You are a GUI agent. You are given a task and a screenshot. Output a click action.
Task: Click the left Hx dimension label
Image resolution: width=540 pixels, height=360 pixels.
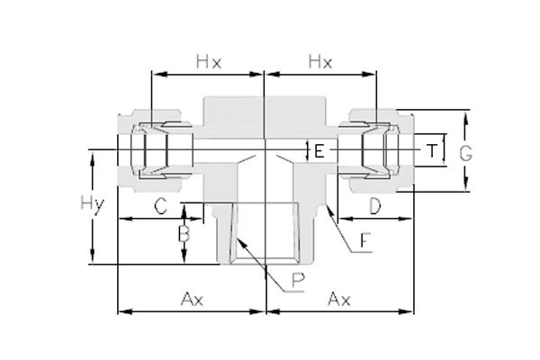pos(209,62)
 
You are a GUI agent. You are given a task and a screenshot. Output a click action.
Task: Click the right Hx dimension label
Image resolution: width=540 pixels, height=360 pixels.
pos(320,62)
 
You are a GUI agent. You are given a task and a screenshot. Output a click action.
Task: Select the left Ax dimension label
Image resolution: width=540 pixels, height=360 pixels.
pos(192,299)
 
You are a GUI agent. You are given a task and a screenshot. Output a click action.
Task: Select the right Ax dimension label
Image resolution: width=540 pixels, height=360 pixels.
pos(339,299)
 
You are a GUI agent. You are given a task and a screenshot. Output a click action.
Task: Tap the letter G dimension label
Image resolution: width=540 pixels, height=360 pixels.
pos(465,153)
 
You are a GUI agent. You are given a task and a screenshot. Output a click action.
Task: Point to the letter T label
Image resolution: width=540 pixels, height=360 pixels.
pos(431,150)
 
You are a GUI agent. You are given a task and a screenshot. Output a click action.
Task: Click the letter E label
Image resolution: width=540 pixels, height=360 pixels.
pos(319,151)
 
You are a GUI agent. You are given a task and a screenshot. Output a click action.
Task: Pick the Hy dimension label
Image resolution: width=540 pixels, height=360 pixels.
pos(92,203)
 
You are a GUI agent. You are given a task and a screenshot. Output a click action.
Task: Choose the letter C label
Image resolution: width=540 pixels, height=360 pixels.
pos(160,206)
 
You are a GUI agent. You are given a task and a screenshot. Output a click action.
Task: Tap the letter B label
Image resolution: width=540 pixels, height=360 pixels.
pos(184,234)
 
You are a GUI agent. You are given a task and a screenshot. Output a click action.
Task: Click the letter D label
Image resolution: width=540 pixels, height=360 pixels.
pos(375,206)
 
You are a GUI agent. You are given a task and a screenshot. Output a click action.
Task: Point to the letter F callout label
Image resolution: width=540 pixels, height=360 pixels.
pos(365,240)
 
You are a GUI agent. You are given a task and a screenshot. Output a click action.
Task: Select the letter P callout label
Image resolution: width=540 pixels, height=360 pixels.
pos(298,280)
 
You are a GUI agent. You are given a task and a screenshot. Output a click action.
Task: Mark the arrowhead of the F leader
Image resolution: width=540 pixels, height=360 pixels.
pos(328,210)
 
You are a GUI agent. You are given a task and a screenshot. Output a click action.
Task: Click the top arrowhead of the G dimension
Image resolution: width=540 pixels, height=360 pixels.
pos(465,118)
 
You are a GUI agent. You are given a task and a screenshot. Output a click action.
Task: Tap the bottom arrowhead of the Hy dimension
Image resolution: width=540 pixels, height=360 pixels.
pos(92,256)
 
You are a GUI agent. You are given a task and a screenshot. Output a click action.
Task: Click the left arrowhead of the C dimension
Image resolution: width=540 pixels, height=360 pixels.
pos(126,219)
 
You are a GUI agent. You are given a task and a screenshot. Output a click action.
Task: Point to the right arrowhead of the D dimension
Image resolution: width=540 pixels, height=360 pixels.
pos(405,219)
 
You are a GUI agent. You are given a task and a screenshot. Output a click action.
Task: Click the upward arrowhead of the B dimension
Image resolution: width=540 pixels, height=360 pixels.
pos(184,211)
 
